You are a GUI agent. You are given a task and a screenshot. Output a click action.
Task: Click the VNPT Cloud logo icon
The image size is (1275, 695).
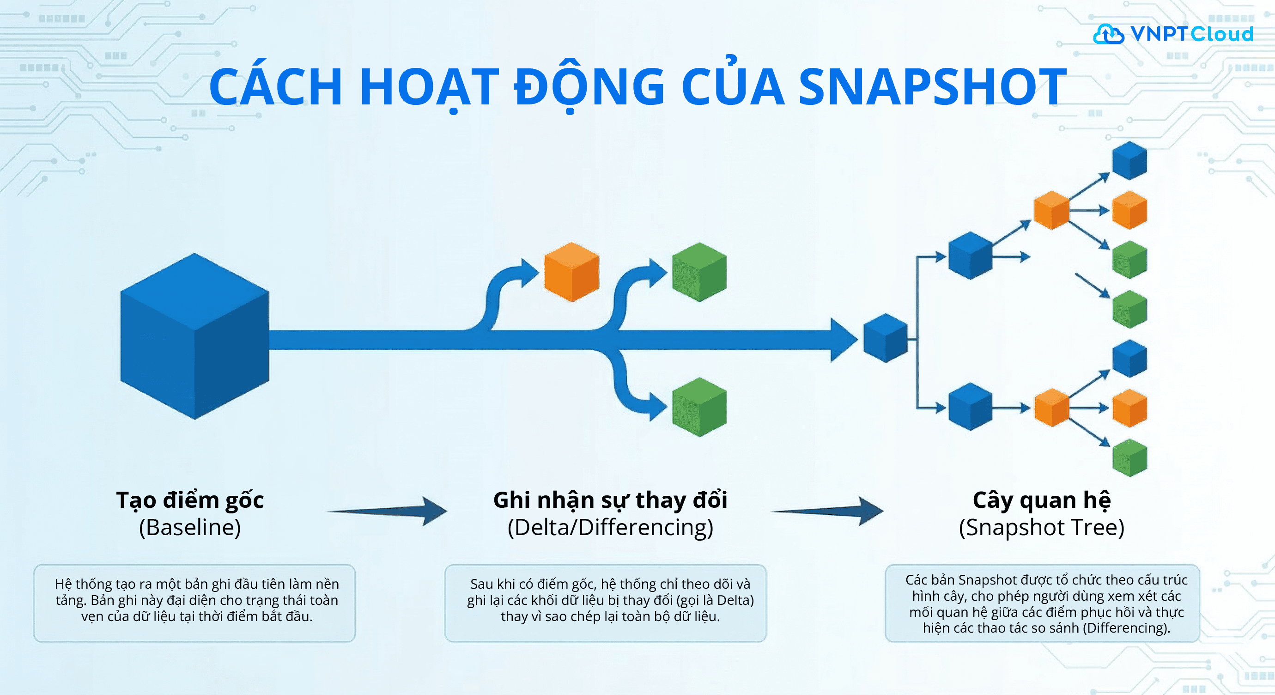click(x=1108, y=34)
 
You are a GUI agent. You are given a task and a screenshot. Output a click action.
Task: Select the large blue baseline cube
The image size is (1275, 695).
click(x=194, y=336)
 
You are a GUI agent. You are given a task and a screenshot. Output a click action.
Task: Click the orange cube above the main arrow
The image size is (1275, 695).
click(x=572, y=272)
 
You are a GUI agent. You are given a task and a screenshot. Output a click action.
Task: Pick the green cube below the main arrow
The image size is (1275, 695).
click(x=699, y=407)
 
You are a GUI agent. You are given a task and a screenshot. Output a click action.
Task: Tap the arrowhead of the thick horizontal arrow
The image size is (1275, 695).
click(x=844, y=340)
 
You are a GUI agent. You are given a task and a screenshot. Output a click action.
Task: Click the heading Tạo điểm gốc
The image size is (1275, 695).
click(x=190, y=500)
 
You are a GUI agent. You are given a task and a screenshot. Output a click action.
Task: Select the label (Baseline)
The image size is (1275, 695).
click(x=190, y=528)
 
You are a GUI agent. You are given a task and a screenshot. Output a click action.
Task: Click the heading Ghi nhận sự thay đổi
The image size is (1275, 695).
click(x=610, y=500)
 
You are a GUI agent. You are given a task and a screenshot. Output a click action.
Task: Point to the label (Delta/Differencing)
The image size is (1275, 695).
click(x=610, y=528)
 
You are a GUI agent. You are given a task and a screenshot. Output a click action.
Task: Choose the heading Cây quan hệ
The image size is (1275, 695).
click(x=1041, y=500)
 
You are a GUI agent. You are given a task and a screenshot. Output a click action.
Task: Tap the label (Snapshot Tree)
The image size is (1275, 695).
click(x=1041, y=528)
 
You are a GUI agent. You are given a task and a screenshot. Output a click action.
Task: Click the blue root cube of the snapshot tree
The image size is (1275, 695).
click(x=886, y=338)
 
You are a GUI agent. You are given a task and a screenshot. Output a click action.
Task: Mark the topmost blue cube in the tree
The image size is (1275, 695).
click(x=1129, y=160)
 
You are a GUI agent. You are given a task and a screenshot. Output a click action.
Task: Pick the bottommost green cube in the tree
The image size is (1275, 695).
click(x=1129, y=457)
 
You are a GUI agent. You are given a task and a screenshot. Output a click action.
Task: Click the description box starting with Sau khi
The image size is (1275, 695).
click(x=605, y=603)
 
